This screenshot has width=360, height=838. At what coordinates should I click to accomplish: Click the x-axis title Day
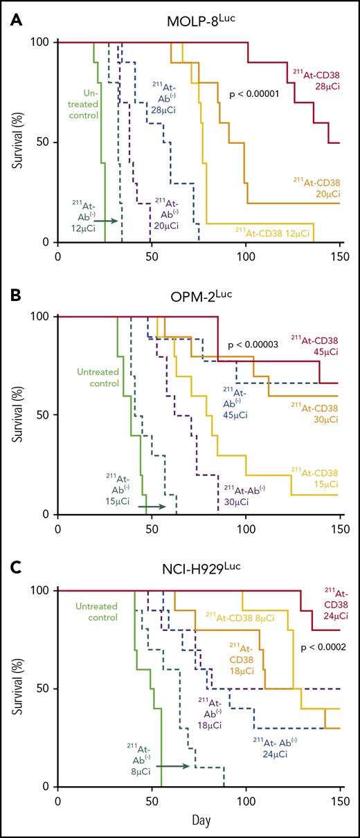pyautogui.click(x=197, y=825)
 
